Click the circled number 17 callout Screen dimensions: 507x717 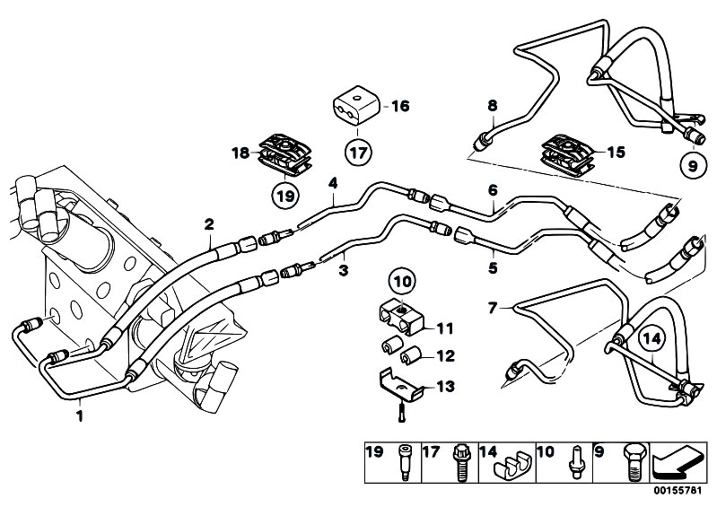(x=357, y=152)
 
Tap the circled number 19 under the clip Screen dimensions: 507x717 (x=284, y=193)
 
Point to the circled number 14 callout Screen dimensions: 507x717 (x=653, y=339)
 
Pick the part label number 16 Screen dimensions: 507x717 (x=399, y=106)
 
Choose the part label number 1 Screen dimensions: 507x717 (x=80, y=415)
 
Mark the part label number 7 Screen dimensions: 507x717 (x=491, y=308)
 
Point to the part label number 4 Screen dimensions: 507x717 (x=333, y=184)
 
